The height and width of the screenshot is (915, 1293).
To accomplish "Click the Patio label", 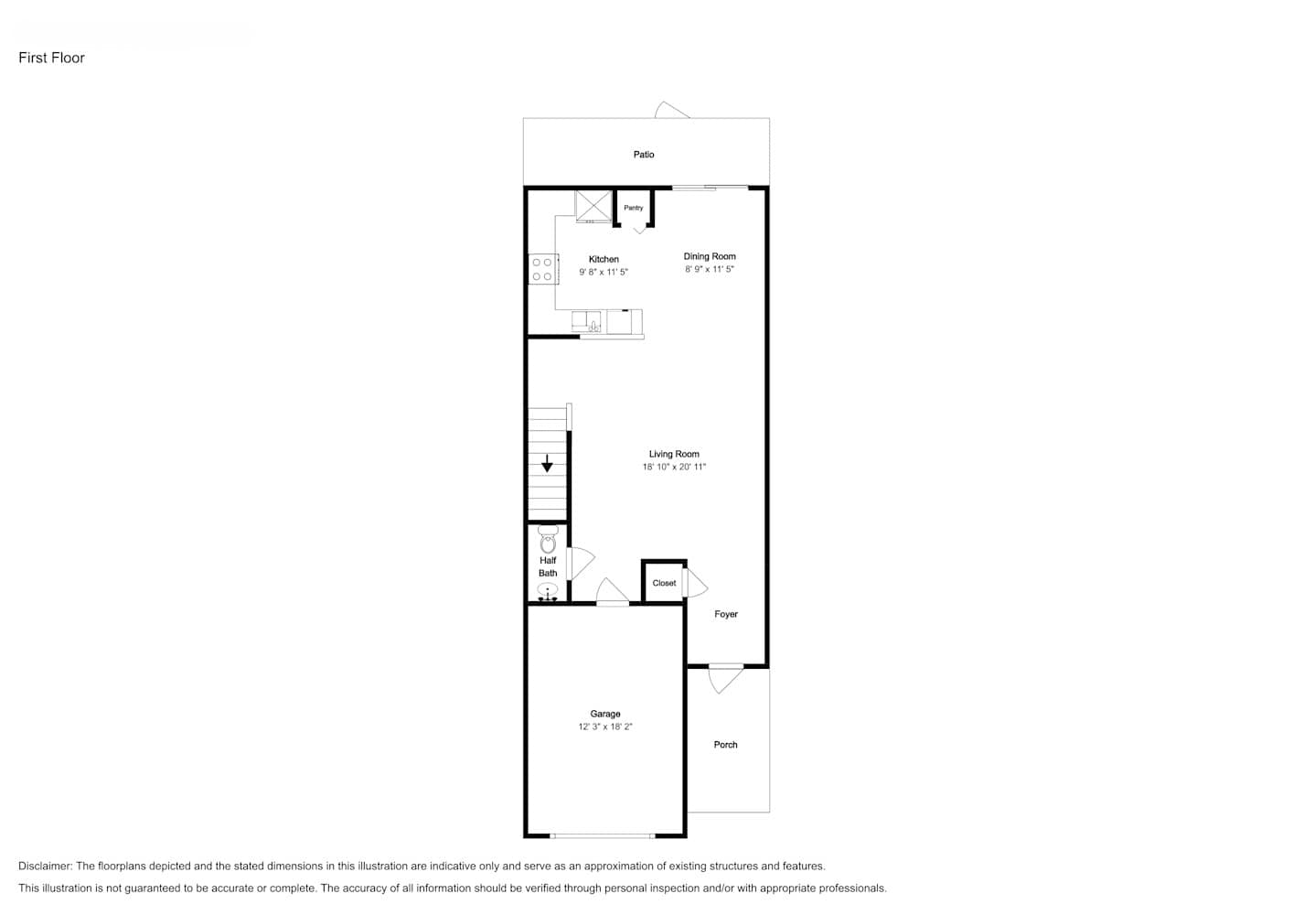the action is tap(644, 155).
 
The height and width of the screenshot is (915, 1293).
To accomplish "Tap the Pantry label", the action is tap(633, 208).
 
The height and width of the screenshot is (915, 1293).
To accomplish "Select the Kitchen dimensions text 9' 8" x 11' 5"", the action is tap(604, 272).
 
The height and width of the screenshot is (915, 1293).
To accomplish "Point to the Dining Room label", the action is tap(710, 256).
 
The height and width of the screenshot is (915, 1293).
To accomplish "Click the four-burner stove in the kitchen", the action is tap(543, 269).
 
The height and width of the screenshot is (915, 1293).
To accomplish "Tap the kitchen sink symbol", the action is tap(586, 321).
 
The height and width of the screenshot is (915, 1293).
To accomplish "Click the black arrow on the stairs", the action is tap(547, 463).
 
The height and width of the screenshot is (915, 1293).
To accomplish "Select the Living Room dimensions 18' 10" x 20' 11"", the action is tap(674, 467).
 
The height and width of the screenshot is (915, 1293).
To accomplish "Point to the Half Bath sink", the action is tap(547, 591).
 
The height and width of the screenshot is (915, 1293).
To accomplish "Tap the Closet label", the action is tap(664, 583).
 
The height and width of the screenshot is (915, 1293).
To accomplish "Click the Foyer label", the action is tap(726, 614).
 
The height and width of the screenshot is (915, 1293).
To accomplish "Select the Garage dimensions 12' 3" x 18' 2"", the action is tap(605, 727).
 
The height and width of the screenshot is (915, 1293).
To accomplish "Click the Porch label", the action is tap(725, 745).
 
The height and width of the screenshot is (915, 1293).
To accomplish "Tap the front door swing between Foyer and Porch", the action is tap(725, 679).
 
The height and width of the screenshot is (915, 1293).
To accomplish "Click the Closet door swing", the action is tap(695, 584).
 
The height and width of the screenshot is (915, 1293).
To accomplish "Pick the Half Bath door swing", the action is tap(582, 564).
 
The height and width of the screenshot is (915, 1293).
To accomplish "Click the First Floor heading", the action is tap(51, 58).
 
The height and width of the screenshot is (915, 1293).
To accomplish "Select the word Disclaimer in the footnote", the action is tap(45, 866).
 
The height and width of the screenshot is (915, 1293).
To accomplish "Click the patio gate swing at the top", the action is tap(672, 110).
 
